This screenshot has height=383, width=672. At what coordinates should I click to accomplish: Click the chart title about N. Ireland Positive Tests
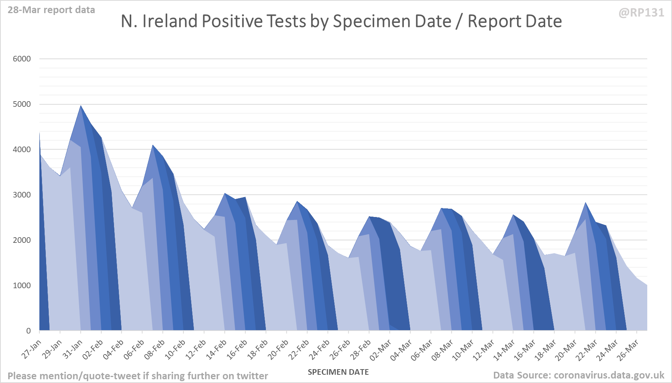pyautogui.click(x=341, y=21)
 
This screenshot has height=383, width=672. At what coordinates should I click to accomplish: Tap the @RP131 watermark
pyautogui.click(x=641, y=13)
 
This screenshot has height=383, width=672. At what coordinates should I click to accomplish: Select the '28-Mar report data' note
pyautogui.click(x=51, y=10)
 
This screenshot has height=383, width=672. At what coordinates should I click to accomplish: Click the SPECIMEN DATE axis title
pyautogui.click(x=338, y=372)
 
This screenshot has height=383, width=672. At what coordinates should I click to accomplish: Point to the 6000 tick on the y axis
pyautogui.click(x=22, y=59)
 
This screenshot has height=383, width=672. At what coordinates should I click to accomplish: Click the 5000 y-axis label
pyautogui.click(x=22, y=104)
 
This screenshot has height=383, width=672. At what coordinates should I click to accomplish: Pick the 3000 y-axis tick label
pyautogui.click(x=22, y=195)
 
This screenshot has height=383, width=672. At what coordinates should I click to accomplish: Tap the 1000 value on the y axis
pyautogui.click(x=22, y=286)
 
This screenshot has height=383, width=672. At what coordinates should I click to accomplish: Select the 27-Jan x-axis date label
pyautogui.click(x=31, y=350)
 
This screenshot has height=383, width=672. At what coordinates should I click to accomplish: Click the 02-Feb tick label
pyautogui.click(x=93, y=350)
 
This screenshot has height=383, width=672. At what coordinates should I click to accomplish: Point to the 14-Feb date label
pyautogui.click(x=216, y=350)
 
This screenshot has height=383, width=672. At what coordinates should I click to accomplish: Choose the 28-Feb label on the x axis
pyautogui.click(x=361, y=350)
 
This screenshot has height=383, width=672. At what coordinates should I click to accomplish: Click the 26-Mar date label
pyautogui.click(x=628, y=350)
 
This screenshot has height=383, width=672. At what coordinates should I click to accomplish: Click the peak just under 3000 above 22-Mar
pyautogui.click(x=585, y=203)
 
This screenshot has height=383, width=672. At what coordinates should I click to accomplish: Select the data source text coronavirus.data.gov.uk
pyautogui.click(x=578, y=375)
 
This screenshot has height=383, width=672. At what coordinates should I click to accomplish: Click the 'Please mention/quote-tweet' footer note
pyautogui.click(x=138, y=376)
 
